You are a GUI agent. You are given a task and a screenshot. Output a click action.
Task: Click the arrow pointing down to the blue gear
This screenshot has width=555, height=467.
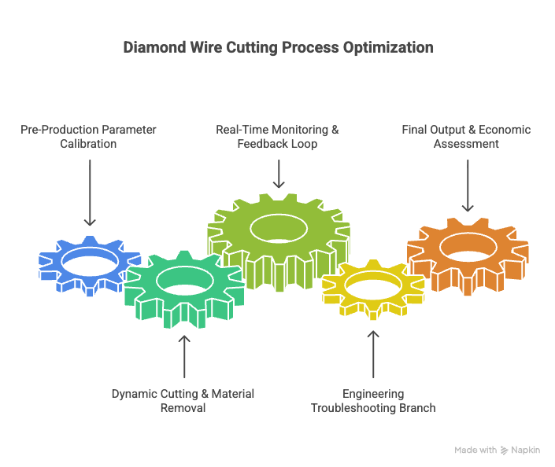(x=90, y=193)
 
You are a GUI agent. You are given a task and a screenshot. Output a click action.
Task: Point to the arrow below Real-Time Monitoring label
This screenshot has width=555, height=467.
(x=278, y=174)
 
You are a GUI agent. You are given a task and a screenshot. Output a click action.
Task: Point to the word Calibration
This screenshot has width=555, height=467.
(x=90, y=144)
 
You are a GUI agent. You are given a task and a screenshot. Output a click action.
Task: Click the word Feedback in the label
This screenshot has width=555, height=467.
(x=258, y=144)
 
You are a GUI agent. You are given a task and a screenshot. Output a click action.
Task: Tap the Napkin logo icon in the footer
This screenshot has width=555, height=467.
(x=505, y=450)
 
